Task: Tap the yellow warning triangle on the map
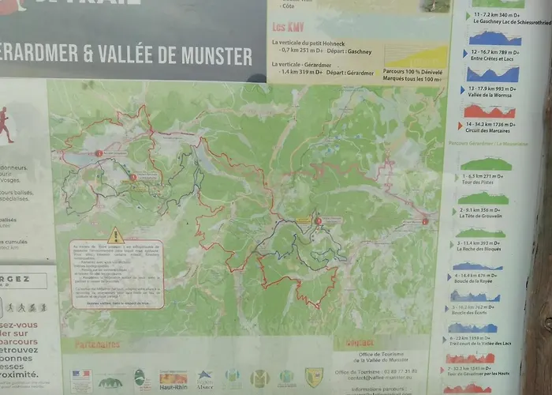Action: (x=116, y=235)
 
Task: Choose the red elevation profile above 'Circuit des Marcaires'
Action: (x=490, y=112)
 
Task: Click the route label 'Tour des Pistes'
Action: (x=479, y=182)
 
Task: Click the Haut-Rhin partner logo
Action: (x=173, y=378)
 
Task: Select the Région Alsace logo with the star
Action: (x=204, y=378)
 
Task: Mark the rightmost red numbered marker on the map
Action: (x=425, y=222)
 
